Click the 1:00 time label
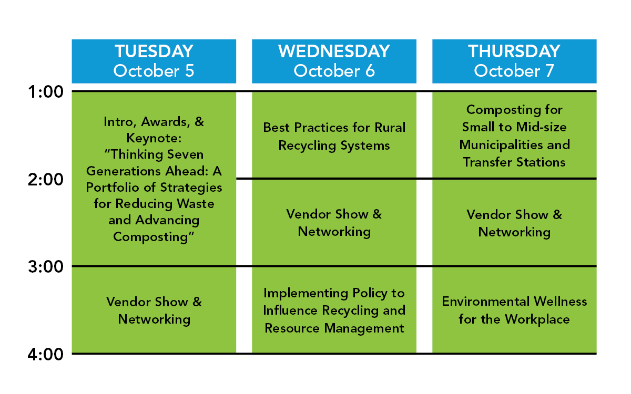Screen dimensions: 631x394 coord(46,92)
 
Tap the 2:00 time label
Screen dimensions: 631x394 coord(46,180)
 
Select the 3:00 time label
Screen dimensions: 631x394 coord(46,266)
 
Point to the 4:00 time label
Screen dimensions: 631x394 coord(46,354)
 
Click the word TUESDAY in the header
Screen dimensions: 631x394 coord(154,51)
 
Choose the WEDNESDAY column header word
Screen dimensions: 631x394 coord(334,51)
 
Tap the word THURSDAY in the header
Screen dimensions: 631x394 coord(514,51)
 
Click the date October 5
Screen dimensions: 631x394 coord(154,70)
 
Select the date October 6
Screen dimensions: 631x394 coord(334,70)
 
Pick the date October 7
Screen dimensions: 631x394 coord(514,70)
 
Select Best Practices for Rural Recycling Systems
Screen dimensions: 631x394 coord(334,137)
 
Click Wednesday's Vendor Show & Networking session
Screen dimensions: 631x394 coord(334,223)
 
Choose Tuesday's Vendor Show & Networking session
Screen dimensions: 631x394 coord(154,310)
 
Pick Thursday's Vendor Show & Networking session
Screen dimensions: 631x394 coord(514,224)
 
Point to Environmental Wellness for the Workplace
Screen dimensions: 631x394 coord(514,310)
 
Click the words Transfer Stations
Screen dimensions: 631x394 coord(514,162)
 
